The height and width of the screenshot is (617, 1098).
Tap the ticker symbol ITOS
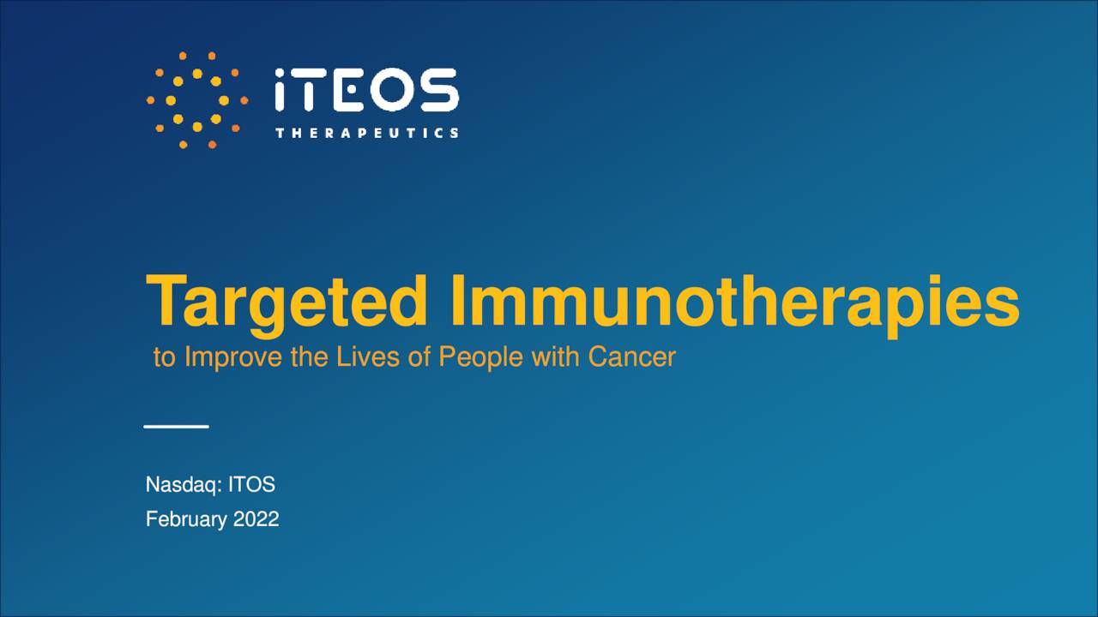click(x=251, y=484)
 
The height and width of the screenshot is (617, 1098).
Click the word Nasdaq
click(x=183, y=484)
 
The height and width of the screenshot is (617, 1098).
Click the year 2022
click(x=256, y=519)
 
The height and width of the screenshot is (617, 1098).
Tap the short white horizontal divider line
click(x=176, y=426)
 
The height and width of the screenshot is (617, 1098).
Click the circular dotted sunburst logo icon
click(x=196, y=100)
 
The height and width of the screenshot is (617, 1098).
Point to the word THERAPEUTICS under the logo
click(x=366, y=133)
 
